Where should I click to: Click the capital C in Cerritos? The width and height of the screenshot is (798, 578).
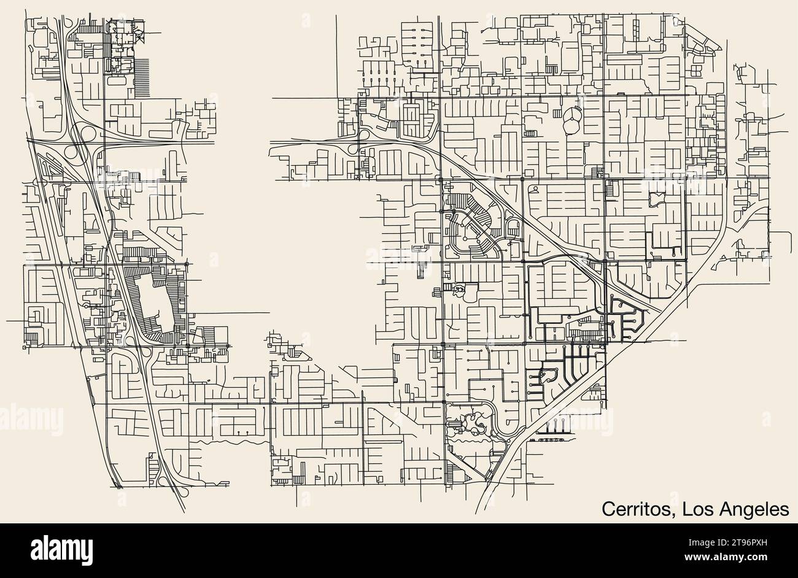(608, 509)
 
